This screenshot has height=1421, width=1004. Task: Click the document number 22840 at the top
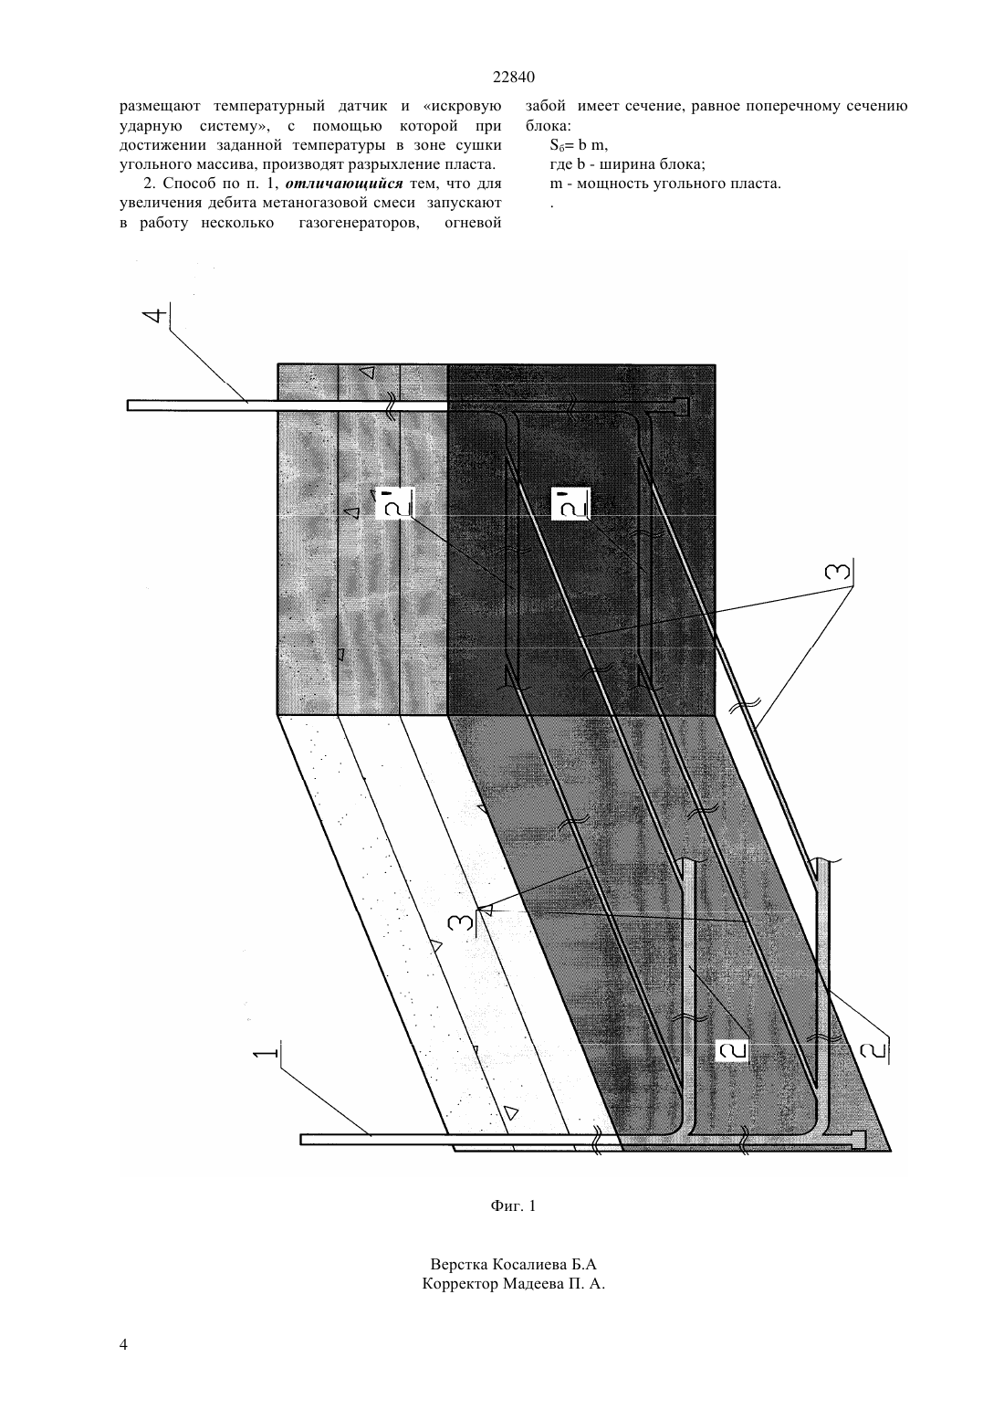(514, 78)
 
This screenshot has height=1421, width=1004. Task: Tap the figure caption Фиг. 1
(513, 1205)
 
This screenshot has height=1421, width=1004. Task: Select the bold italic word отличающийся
(344, 184)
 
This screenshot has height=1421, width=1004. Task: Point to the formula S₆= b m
(579, 145)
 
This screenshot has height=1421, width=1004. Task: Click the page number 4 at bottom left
(123, 1343)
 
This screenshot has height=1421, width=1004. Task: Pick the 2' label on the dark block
(570, 504)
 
